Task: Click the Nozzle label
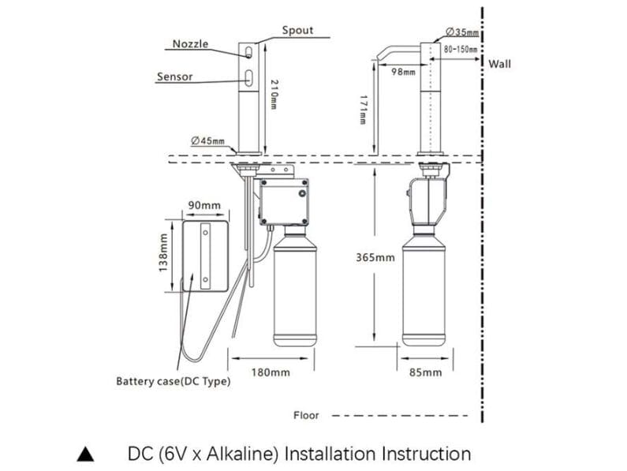(x=191, y=44)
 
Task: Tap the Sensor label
(x=174, y=77)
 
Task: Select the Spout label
(x=297, y=31)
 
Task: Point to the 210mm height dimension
(x=273, y=95)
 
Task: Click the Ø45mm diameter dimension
(x=207, y=141)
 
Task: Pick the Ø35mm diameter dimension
(x=462, y=32)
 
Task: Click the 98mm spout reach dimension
(x=403, y=73)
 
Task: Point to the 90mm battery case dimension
(x=204, y=206)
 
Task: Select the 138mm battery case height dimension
(x=163, y=249)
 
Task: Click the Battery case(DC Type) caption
(x=174, y=382)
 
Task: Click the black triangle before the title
(x=86, y=454)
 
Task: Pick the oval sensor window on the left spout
(x=249, y=77)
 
